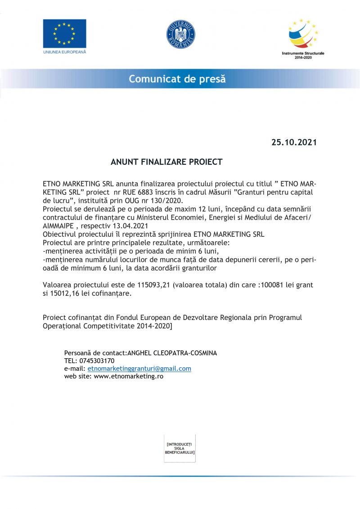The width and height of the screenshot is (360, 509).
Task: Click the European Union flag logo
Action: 64,33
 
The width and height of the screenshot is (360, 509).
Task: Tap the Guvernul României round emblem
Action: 180,34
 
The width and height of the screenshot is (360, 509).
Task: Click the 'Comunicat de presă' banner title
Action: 177,79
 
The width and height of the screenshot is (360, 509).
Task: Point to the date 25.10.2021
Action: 294,142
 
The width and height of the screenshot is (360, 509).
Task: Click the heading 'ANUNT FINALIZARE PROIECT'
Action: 166,162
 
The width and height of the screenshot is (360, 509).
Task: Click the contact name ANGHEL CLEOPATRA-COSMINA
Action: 172,353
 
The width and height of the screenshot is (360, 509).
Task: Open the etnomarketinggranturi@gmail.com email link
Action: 139,369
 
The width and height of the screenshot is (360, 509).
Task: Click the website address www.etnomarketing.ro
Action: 128,376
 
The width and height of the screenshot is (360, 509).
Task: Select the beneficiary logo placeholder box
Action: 180,448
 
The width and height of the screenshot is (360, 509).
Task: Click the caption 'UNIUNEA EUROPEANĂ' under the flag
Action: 64,52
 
